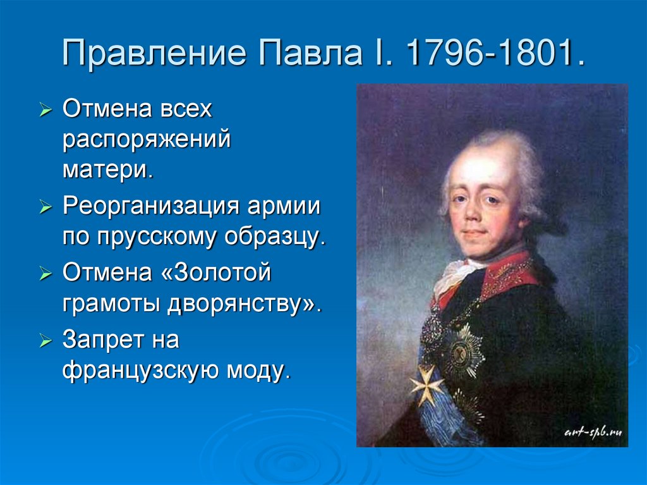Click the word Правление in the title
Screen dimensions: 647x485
[155, 53]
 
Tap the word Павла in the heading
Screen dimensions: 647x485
[310, 53]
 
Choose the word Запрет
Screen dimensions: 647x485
[103, 340]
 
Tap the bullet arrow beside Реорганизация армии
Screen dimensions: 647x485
[45, 207]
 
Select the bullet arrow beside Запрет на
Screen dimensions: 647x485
[45, 341]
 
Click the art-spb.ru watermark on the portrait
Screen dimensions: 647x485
[593, 433]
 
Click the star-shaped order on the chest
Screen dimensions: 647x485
[461, 352]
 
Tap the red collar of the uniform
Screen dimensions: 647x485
[507, 273]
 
